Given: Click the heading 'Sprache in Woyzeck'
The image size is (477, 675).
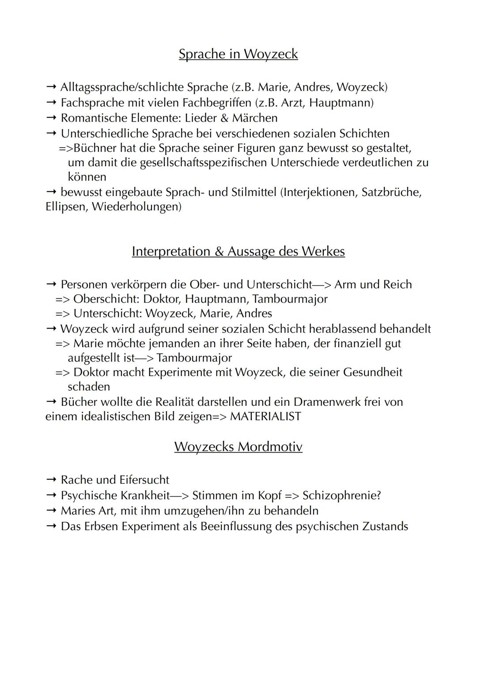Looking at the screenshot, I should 238,54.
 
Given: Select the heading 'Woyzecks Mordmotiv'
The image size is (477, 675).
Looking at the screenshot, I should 238,446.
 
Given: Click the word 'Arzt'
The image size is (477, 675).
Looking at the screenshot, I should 292,103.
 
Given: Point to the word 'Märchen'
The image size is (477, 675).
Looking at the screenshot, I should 255,118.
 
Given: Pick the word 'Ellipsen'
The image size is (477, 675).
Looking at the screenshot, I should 66,207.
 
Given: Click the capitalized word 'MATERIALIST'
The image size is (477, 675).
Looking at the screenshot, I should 265,416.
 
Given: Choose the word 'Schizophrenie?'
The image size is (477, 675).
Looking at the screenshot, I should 341,496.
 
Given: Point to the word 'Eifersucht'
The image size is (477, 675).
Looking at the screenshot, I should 144,480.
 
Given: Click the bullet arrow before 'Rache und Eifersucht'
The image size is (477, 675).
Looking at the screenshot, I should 51,480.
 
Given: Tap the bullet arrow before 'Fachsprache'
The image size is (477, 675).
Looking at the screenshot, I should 51,103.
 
